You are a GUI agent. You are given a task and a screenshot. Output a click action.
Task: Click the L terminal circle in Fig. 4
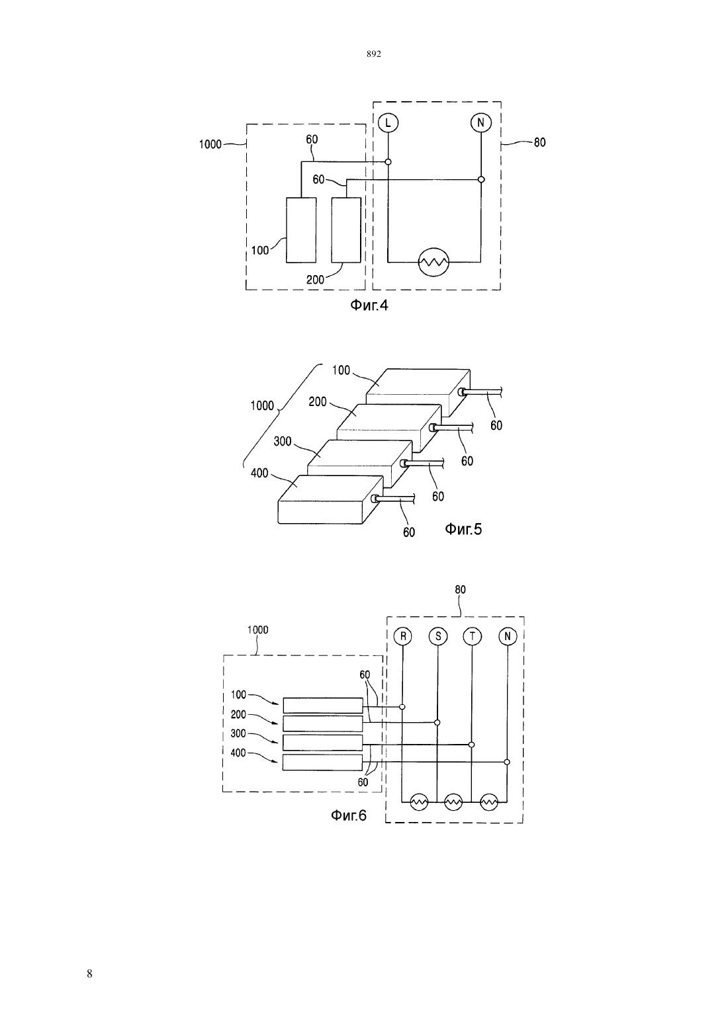(x=388, y=122)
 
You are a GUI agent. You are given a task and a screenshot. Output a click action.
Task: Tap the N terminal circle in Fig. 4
(x=480, y=122)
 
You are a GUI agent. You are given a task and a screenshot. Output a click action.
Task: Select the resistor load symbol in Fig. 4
(x=433, y=263)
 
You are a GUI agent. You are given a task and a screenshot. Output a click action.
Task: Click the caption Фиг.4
(x=369, y=305)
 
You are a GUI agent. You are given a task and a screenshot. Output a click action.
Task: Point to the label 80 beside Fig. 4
(x=539, y=142)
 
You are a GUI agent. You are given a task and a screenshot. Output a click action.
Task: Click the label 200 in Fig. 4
(x=315, y=279)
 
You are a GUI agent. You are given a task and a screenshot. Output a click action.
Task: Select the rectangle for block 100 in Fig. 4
(x=301, y=230)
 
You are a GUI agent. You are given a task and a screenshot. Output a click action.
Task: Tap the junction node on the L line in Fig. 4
(x=388, y=162)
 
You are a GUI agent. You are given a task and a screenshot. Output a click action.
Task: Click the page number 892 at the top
(x=374, y=54)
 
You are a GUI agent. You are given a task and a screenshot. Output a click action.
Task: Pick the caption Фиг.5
(x=463, y=529)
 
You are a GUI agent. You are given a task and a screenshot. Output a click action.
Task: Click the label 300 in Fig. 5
(x=283, y=442)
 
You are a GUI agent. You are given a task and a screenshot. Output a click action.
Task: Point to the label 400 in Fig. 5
(x=259, y=473)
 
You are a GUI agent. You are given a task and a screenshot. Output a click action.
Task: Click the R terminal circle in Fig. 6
(x=403, y=636)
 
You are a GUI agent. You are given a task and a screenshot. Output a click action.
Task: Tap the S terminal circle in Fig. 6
(x=438, y=636)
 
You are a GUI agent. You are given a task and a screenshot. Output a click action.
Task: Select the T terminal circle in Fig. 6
(x=473, y=636)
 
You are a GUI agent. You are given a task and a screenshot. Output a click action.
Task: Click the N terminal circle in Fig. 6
(x=508, y=636)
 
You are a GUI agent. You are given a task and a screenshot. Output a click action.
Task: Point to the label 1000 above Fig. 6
(x=258, y=630)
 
